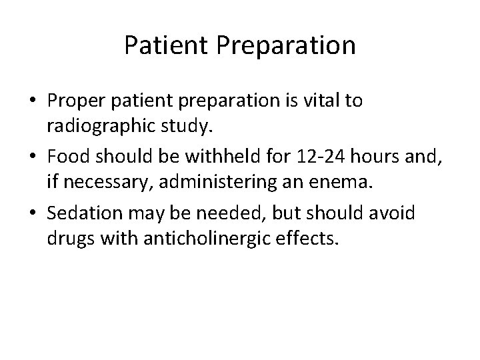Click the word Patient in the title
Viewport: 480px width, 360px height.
[x=161, y=45]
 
